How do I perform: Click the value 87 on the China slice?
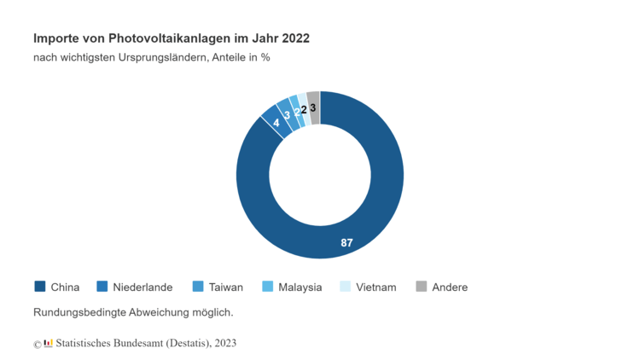pyautogui.click(x=346, y=243)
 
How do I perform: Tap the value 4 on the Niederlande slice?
pyautogui.click(x=276, y=123)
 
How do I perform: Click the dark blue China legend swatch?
pyautogui.click(x=39, y=287)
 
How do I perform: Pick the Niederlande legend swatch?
pyautogui.click(x=102, y=287)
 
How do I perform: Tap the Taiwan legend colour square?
pyautogui.click(x=197, y=287)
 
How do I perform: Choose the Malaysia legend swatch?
pyautogui.click(x=267, y=287)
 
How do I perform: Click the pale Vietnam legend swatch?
pyautogui.click(x=345, y=287)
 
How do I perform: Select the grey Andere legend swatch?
pyautogui.click(x=421, y=287)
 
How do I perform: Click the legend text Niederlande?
pyautogui.click(x=143, y=287)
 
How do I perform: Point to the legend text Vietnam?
pyautogui.click(x=376, y=287)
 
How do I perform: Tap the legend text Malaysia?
pyautogui.click(x=300, y=287)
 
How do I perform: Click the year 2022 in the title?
pyautogui.click(x=294, y=38)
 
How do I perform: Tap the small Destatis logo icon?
pyautogui.click(x=49, y=343)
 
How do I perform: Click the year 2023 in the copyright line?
pyautogui.click(x=225, y=343)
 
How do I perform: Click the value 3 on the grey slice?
pyautogui.click(x=313, y=107)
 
